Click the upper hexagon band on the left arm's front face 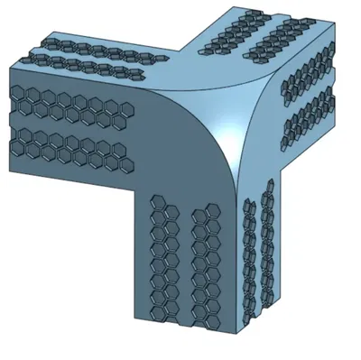click(x=68, y=107)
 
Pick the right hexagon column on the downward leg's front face click(x=206, y=262)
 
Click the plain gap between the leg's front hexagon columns click(x=185, y=262)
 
